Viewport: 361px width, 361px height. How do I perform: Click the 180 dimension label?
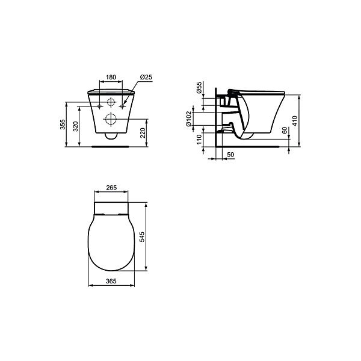(x=111, y=77)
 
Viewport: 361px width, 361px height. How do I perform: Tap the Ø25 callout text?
(x=146, y=77)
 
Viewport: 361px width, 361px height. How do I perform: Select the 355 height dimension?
(x=63, y=125)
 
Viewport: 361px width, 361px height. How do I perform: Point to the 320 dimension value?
(x=76, y=126)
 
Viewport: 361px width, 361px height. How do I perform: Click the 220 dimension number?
(x=143, y=133)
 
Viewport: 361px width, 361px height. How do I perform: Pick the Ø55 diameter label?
(x=199, y=87)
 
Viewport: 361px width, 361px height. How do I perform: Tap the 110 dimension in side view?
(x=199, y=140)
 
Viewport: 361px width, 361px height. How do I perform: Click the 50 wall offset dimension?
(x=230, y=155)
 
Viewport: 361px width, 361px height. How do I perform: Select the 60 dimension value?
(x=285, y=131)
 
